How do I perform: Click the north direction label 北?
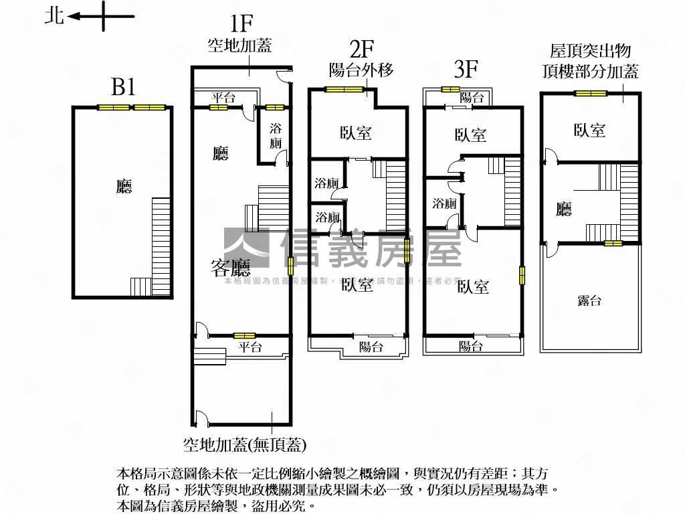tap(54, 15)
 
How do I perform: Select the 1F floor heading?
tap(241, 25)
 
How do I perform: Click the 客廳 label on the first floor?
tap(231, 269)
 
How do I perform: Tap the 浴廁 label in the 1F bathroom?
tap(275, 135)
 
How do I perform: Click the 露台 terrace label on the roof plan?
tap(589, 301)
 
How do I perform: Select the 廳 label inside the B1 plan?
tap(124, 187)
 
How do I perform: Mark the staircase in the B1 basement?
tap(161, 244)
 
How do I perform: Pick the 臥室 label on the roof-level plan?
tap(589, 131)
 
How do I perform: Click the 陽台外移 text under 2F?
tap(361, 70)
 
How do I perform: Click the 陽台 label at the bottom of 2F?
tap(371, 347)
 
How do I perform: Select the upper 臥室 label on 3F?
tap(471, 135)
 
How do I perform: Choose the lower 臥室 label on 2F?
tap(358, 285)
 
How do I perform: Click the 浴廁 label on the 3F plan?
tap(444, 203)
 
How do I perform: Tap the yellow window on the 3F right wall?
tap(522, 276)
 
